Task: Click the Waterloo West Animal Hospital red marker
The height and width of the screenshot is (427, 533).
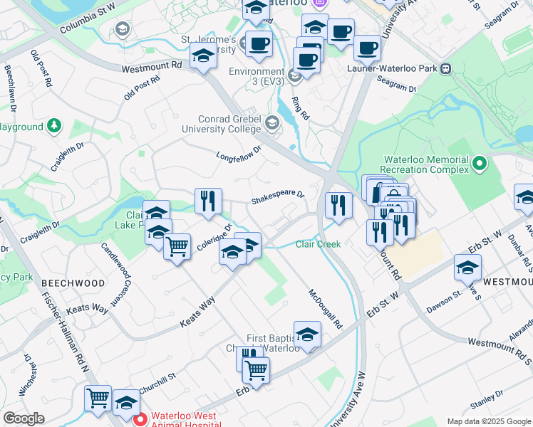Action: [140, 419]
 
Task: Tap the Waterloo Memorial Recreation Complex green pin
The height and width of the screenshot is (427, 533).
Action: [479, 164]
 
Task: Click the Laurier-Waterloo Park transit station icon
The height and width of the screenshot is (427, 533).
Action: [446, 69]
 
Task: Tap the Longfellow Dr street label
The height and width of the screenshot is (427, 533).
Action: [239, 152]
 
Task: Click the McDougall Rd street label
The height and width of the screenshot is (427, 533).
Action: [325, 308]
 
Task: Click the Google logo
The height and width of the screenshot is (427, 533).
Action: [24, 418]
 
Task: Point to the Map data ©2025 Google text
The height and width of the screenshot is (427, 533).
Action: [488, 421]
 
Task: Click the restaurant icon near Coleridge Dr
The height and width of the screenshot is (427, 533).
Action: [208, 201]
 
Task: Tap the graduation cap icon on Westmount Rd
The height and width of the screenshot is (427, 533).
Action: [203, 56]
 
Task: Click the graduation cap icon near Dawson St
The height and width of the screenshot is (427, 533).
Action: [467, 268]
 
